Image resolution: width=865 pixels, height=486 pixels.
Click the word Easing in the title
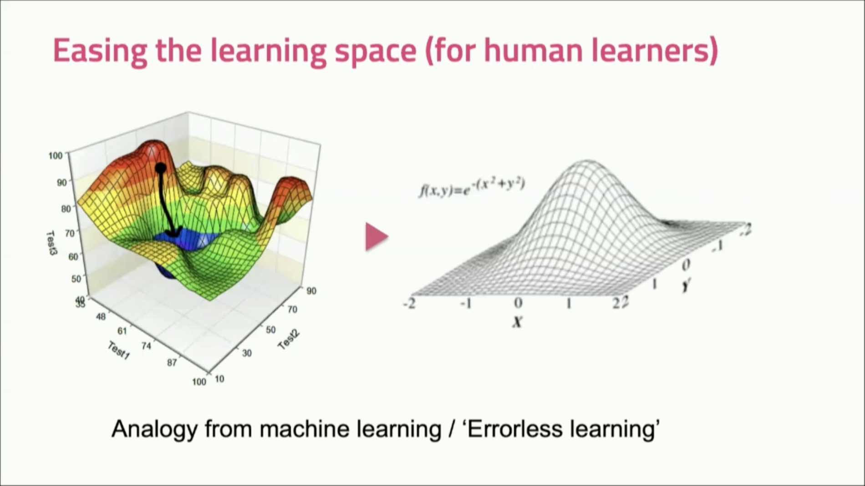tap(100, 50)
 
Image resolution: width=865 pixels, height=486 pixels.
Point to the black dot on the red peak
tap(160, 168)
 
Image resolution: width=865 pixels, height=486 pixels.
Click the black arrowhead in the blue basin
tap(173, 232)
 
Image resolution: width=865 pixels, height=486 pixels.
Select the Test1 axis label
tap(118, 351)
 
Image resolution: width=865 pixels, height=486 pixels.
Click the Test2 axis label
tap(289, 340)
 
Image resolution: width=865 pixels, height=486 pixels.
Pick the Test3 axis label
tap(52, 243)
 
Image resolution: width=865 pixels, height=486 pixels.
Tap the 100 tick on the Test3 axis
tap(55, 156)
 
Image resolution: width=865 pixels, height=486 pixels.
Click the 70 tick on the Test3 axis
tap(69, 233)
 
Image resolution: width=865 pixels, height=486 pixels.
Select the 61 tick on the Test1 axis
tap(122, 331)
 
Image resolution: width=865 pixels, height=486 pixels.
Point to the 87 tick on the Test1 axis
tap(172, 362)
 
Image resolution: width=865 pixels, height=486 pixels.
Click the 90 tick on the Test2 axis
tap(311, 291)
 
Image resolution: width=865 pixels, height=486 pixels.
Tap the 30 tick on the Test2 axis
tap(246, 353)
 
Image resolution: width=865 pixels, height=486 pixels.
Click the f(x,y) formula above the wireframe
tap(472, 187)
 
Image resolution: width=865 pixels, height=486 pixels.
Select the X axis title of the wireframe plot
tap(517, 322)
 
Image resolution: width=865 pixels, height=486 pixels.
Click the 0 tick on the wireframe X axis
tap(518, 303)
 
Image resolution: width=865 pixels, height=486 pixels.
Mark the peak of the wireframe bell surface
tap(586, 161)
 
